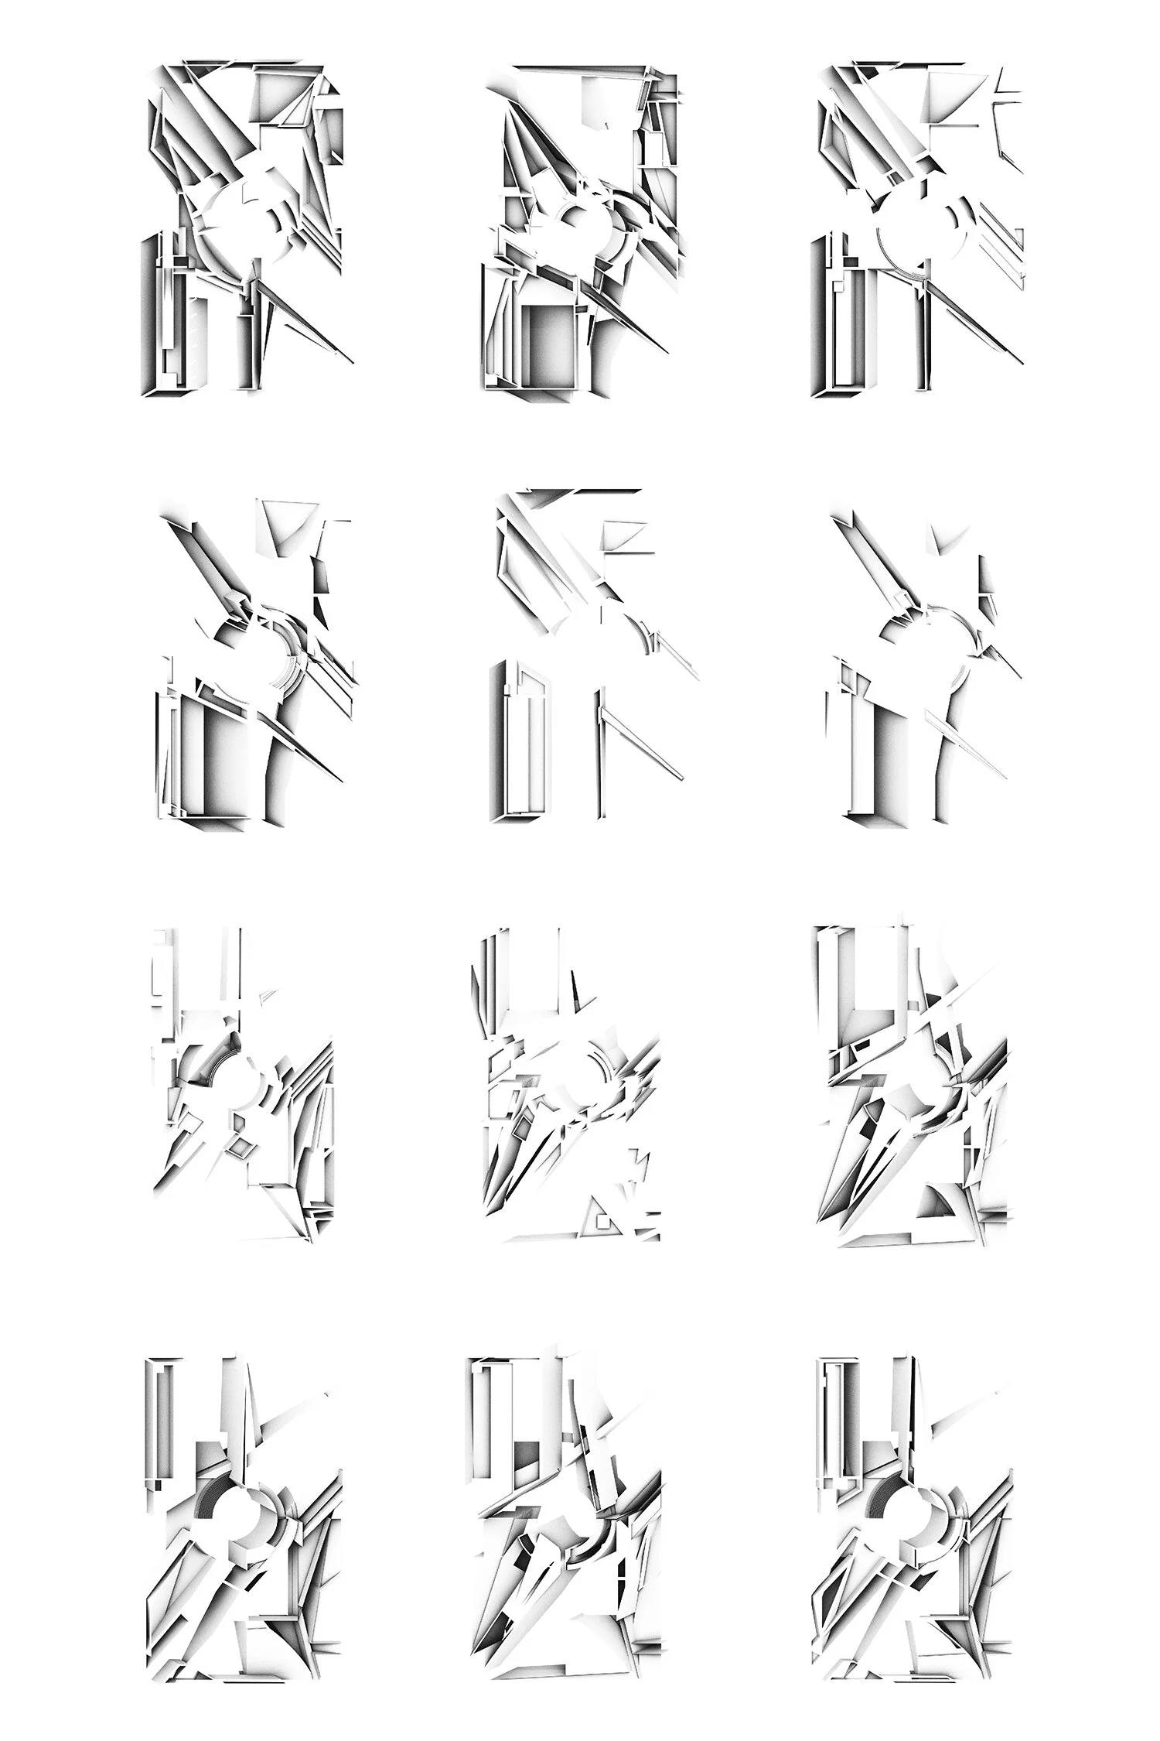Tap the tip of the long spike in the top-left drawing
(353, 361)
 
